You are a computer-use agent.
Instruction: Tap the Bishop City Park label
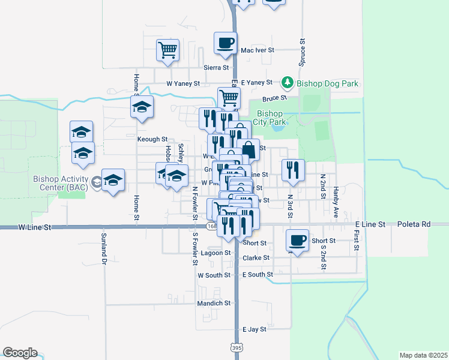pos(269,118)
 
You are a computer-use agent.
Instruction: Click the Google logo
pos(20,353)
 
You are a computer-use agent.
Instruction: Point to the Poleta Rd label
pos(414,224)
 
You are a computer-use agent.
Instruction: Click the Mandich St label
pos(214,304)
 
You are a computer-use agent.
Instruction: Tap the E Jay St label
pos(254,329)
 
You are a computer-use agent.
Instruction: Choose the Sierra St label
pos(217,68)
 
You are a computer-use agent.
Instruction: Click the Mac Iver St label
pos(257,51)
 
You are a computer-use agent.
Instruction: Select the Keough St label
pos(152,139)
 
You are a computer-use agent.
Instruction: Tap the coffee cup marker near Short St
pos(297,240)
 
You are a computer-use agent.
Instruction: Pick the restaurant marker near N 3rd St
pos(292,170)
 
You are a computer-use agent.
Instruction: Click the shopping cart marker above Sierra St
pos(168,50)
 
